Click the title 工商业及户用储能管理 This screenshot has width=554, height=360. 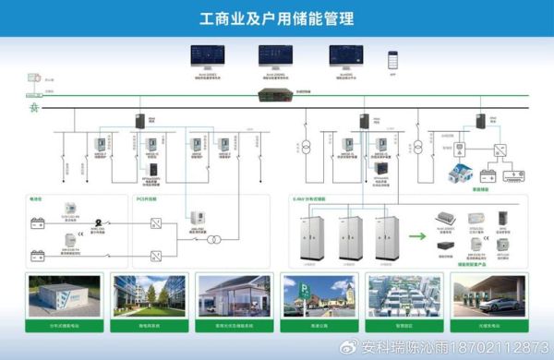click(277, 18)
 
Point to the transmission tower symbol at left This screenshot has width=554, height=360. click(34, 109)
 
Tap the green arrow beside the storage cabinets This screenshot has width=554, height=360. click(418, 235)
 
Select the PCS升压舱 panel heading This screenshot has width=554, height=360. click(149, 198)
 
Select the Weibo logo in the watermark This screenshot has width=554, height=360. click(347, 347)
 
